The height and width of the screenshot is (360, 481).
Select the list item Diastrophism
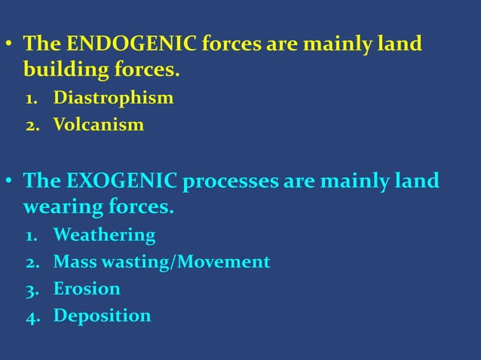point(113,98)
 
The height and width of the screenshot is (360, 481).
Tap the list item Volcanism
point(98,124)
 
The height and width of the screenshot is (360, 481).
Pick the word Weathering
point(104,236)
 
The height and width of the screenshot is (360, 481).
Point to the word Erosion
point(87,288)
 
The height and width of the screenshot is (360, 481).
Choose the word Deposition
point(102,316)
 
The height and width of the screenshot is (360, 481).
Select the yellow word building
point(59,72)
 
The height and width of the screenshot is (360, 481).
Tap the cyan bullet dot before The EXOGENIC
point(9,182)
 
